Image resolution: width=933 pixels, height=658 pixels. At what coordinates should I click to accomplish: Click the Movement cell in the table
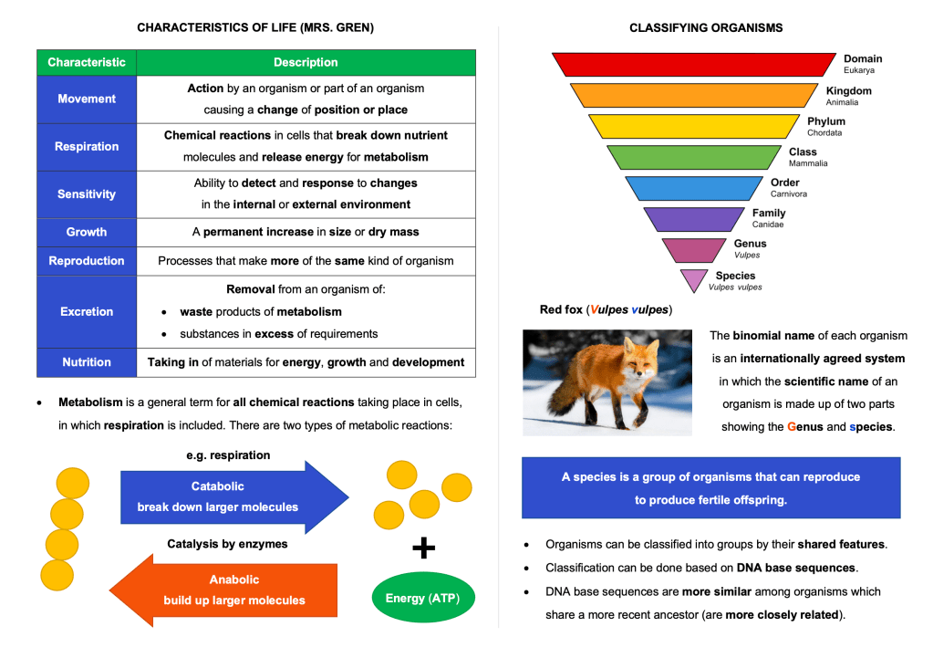[87, 99]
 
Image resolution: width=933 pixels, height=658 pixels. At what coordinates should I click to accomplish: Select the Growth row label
[87, 232]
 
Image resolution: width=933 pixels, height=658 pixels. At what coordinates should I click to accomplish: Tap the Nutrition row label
[87, 362]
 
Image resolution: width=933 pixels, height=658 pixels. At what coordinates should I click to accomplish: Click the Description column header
[306, 63]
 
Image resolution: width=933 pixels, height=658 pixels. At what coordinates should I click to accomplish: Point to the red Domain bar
[694, 64]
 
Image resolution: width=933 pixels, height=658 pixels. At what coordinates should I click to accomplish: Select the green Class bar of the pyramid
[694, 157]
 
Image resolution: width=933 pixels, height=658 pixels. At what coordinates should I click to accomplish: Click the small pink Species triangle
[694, 280]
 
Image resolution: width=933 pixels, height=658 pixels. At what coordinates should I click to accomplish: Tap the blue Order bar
[694, 188]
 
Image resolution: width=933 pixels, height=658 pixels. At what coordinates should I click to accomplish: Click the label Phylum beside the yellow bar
[826, 121]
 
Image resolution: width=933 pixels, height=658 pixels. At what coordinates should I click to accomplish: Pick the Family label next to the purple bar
[769, 214]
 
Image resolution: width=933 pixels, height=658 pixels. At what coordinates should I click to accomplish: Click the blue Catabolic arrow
[234, 497]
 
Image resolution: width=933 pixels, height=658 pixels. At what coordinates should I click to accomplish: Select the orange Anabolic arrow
[223, 590]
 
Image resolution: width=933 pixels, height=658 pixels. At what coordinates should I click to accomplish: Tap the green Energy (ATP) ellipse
[423, 597]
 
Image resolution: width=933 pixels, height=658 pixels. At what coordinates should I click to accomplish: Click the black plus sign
[424, 548]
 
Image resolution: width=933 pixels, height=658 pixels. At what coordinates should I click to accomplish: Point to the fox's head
[638, 357]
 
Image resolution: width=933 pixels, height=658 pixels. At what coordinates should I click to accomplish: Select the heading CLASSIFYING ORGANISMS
[706, 28]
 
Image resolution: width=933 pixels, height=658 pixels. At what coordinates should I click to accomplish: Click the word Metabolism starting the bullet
[90, 402]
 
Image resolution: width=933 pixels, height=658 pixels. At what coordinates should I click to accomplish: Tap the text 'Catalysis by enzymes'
[227, 544]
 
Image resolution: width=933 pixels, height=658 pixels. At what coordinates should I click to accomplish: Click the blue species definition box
[711, 487]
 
